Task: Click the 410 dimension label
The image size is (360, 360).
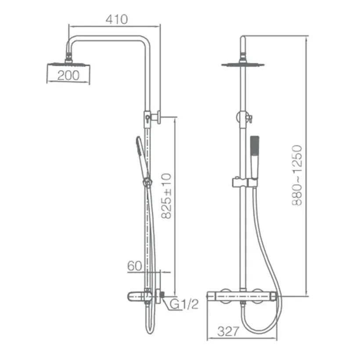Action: coord(117,19)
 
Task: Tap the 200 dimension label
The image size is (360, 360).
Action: coord(68,76)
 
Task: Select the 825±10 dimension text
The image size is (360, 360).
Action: coord(166,196)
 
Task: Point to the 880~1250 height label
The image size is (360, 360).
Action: coord(297,175)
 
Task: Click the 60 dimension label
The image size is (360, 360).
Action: coord(135,266)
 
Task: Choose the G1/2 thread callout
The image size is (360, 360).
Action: coord(184,304)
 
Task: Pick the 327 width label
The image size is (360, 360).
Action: coord(228,331)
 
